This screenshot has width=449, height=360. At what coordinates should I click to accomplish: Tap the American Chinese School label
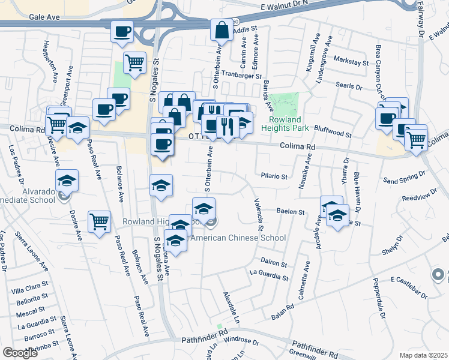pyautogui.click(x=238, y=238)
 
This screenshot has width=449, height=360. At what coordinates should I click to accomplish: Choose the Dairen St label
pyautogui.click(x=274, y=263)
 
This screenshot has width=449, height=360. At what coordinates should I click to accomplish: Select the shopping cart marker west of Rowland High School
pyautogui.click(x=99, y=221)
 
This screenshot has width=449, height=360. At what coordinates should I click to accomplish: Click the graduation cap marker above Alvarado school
pyautogui.click(x=67, y=179)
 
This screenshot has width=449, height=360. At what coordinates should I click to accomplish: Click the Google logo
pyautogui.click(x=20, y=353)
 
